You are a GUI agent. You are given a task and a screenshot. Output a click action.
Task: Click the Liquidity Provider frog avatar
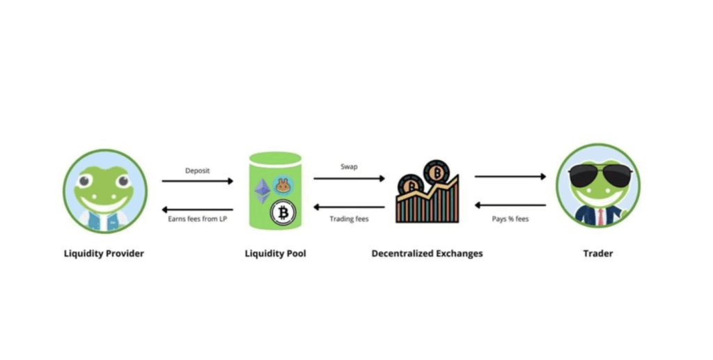pyautogui.click(x=105, y=190)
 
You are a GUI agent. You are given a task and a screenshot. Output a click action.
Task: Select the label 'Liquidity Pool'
pyautogui.click(x=275, y=253)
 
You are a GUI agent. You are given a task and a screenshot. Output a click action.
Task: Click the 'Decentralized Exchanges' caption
pyautogui.click(x=427, y=253)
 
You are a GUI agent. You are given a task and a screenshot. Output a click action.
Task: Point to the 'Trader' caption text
pyautogui.click(x=598, y=253)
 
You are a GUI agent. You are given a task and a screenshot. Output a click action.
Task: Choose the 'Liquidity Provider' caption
pyautogui.click(x=104, y=253)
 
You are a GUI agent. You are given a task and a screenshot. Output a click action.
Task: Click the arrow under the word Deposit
pyautogui.click(x=198, y=181)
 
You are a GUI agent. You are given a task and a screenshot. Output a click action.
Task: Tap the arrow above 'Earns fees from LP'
pyautogui.click(x=198, y=208)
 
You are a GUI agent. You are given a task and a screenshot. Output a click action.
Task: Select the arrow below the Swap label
pyautogui.click(x=349, y=178)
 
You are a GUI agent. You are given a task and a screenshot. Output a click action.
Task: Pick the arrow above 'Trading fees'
pyautogui.click(x=349, y=207)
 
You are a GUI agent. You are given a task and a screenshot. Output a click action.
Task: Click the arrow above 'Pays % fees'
pyautogui.click(x=510, y=205)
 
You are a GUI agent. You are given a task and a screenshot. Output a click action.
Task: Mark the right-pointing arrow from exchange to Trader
pyautogui.click(x=510, y=177)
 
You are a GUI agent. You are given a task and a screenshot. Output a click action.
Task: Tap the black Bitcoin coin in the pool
pyautogui.click(x=283, y=212)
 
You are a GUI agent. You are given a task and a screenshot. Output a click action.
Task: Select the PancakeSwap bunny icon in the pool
pyautogui.click(x=283, y=185)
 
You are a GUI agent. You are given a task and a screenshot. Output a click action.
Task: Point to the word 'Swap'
pyautogui.click(x=349, y=167)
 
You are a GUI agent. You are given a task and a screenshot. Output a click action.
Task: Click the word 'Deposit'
pyautogui.click(x=198, y=170)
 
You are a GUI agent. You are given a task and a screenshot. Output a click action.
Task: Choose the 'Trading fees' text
pyautogui.click(x=349, y=219)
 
